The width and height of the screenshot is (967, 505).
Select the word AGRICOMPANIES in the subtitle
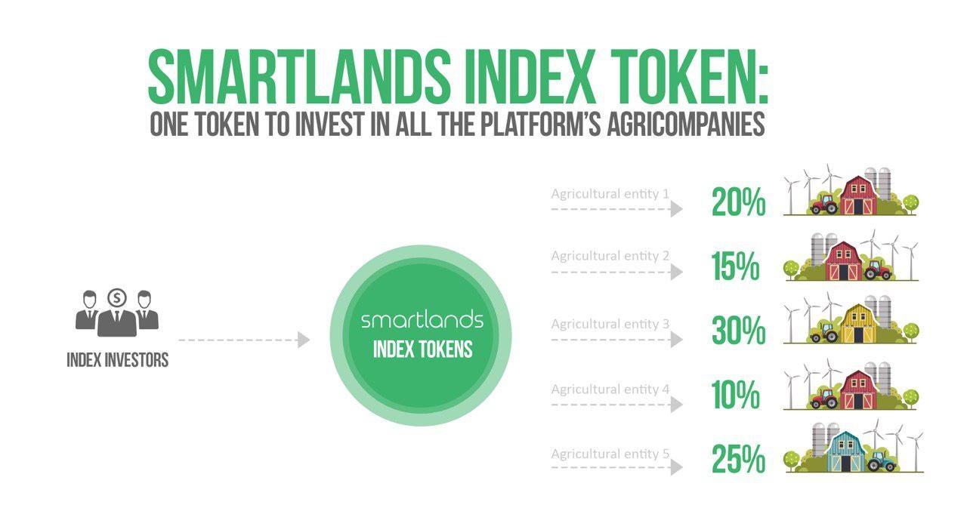(686, 125)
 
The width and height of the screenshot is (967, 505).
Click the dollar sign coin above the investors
(116, 297)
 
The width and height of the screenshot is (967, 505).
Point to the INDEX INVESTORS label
(117, 360)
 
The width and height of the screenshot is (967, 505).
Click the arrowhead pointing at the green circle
(304, 340)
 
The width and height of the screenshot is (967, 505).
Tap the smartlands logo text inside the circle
(422, 319)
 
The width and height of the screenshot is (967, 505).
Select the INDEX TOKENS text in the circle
(422, 349)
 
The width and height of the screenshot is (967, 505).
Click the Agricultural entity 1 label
(610, 194)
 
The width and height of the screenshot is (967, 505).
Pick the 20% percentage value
(739, 202)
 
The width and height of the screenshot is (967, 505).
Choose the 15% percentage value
(735, 266)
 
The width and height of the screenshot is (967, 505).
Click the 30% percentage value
(739, 331)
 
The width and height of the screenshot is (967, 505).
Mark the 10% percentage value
(735, 395)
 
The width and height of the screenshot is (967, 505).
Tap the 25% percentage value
(739, 459)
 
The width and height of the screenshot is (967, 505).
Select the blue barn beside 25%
(845, 451)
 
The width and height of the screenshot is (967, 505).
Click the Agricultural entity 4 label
(610, 390)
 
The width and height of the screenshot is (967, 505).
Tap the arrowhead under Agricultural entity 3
(676, 340)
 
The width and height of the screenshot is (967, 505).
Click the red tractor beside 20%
(824, 204)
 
